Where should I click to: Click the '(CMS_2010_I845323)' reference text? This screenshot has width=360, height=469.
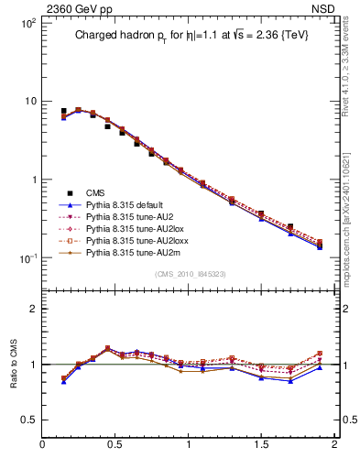[188, 274]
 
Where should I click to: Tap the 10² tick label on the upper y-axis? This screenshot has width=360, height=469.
[27, 22]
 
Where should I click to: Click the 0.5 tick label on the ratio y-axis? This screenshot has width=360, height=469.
[28, 420]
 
